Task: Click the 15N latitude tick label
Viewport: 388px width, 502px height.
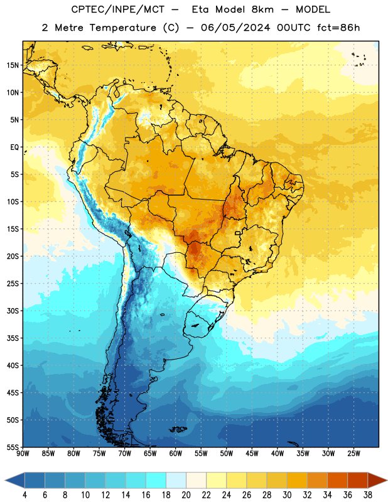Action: click(x=13, y=65)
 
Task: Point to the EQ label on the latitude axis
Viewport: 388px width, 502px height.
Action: click(x=14, y=147)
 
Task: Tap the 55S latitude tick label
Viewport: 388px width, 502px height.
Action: click(x=13, y=447)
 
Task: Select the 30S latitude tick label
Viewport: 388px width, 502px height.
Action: click(x=13, y=311)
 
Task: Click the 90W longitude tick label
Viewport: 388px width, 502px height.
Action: click(x=23, y=454)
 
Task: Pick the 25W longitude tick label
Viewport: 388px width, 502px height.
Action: click(x=353, y=454)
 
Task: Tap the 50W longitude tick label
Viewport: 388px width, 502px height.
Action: click(x=227, y=454)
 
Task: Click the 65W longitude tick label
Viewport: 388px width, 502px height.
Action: click(x=150, y=454)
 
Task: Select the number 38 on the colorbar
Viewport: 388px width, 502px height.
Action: click(x=368, y=495)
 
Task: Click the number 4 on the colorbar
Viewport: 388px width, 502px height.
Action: click(x=24, y=495)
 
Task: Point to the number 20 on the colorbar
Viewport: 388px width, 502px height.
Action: click(x=186, y=495)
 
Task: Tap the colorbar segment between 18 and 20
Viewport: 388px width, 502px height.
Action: click(x=176, y=480)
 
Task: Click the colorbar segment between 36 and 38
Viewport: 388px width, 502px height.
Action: click(x=358, y=480)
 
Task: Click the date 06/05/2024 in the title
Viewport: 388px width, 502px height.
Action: click(x=235, y=28)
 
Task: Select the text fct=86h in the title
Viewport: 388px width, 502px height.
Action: click(x=338, y=28)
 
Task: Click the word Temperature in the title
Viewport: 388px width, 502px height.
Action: click(x=122, y=28)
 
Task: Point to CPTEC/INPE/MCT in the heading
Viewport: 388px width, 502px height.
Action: click(x=118, y=9)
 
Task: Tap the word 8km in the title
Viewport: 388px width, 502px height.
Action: click(x=262, y=9)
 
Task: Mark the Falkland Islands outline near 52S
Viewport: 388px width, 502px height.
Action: click(x=178, y=429)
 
